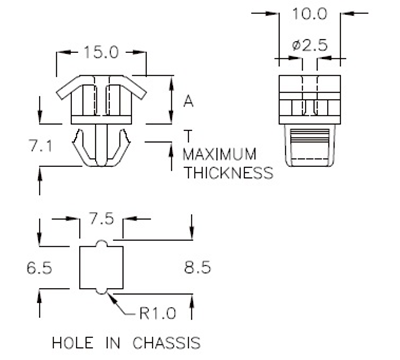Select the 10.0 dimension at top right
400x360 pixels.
click(x=308, y=15)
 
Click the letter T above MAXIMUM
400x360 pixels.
click(x=187, y=135)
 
